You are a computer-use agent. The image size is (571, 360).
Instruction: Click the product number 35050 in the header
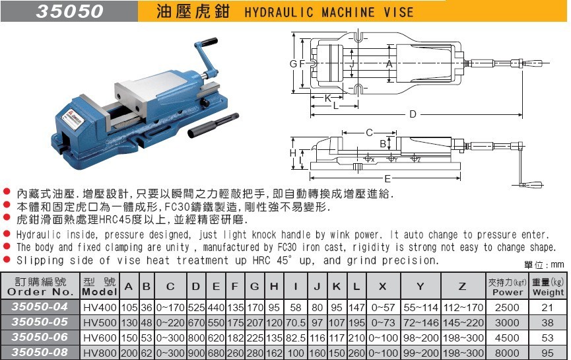pyautogui.click(x=70, y=11)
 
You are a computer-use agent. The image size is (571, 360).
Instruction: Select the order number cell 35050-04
pyautogui.click(x=40, y=306)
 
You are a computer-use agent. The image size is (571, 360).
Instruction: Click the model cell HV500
pyautogui.click(x=99, y=322)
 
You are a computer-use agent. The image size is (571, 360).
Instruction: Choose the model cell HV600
pyautogui.click(x=99, y=338)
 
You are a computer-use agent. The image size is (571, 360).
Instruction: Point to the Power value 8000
pyautogui.click(x=507, y=353)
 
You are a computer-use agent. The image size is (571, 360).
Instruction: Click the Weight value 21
pyautogui.click(x=548, y=307)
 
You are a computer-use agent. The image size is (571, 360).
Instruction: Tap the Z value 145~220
pyautogui.click(x=461, y=322)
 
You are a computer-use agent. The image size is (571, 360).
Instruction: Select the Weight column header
pyautogui.click(x=548, y=287)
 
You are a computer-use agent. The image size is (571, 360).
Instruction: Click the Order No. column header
pyautogui.click(x=40, y=287)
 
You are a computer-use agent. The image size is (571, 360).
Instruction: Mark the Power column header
pyautogui.click(x=507, y=287)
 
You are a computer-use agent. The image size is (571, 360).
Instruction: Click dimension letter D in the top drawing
pyautogui.click(x=413, y=114)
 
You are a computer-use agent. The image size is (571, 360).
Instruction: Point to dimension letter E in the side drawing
pyautogui.click(x=388, y=178)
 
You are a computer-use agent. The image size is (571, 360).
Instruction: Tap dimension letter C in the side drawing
pyautogui.click(x=370, y=132)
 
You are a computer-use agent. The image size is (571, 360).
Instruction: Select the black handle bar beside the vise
pyautogui.click(x=213, y=126)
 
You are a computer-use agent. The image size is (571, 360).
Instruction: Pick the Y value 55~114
pyautogui.click(x=420, y=307)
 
